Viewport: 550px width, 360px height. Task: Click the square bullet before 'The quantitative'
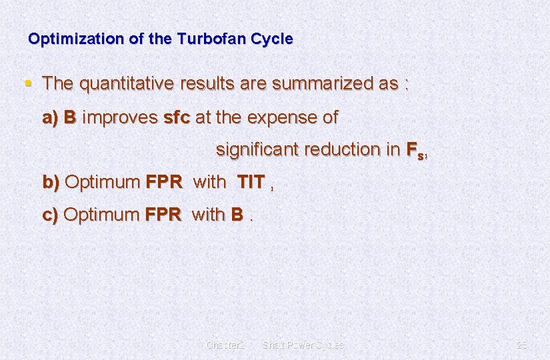click(28, 83)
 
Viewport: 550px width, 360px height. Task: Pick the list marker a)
click(51, 118)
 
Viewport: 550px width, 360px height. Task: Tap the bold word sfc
click(177, 118)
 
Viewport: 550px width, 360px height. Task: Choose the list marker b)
click(51, 182)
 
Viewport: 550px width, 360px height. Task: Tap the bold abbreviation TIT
click(251, 182)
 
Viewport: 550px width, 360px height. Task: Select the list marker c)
click(51, 215)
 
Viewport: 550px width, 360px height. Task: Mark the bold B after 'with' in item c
click(237, 215)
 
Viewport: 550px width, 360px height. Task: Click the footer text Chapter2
click(226, 345)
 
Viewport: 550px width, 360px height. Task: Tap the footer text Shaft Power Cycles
click(303, 345)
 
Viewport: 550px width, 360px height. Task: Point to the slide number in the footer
click(522, 345)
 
